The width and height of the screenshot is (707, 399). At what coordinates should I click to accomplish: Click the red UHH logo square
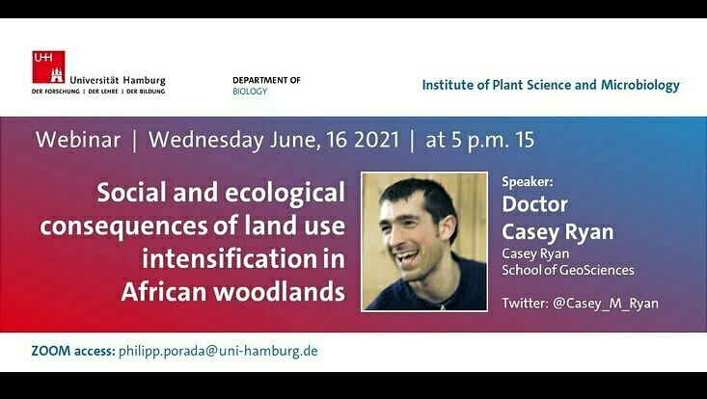tap(48, 67)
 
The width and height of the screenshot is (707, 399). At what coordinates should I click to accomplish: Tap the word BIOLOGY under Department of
tap(250, 92)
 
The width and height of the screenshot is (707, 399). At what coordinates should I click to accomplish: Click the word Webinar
tap(78, 140)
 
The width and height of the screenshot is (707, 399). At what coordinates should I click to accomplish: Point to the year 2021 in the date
tap(376, 140)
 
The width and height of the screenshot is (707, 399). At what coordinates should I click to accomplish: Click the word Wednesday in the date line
tap(206, 141)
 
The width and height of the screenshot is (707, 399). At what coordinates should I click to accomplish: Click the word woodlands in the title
tap(279, 291)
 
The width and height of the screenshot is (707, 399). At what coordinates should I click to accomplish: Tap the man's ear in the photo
tap(448, 228)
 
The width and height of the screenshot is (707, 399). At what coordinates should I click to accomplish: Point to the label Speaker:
tap(527, 182)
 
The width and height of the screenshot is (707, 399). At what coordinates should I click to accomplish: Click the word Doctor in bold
tap(534, 204)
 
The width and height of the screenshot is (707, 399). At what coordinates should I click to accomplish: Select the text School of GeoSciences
tap(568, 270)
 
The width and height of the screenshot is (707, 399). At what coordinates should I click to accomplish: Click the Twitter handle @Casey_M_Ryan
tap(606, 304)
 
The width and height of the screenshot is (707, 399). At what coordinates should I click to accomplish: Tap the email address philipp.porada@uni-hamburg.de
tap(218, 351)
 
